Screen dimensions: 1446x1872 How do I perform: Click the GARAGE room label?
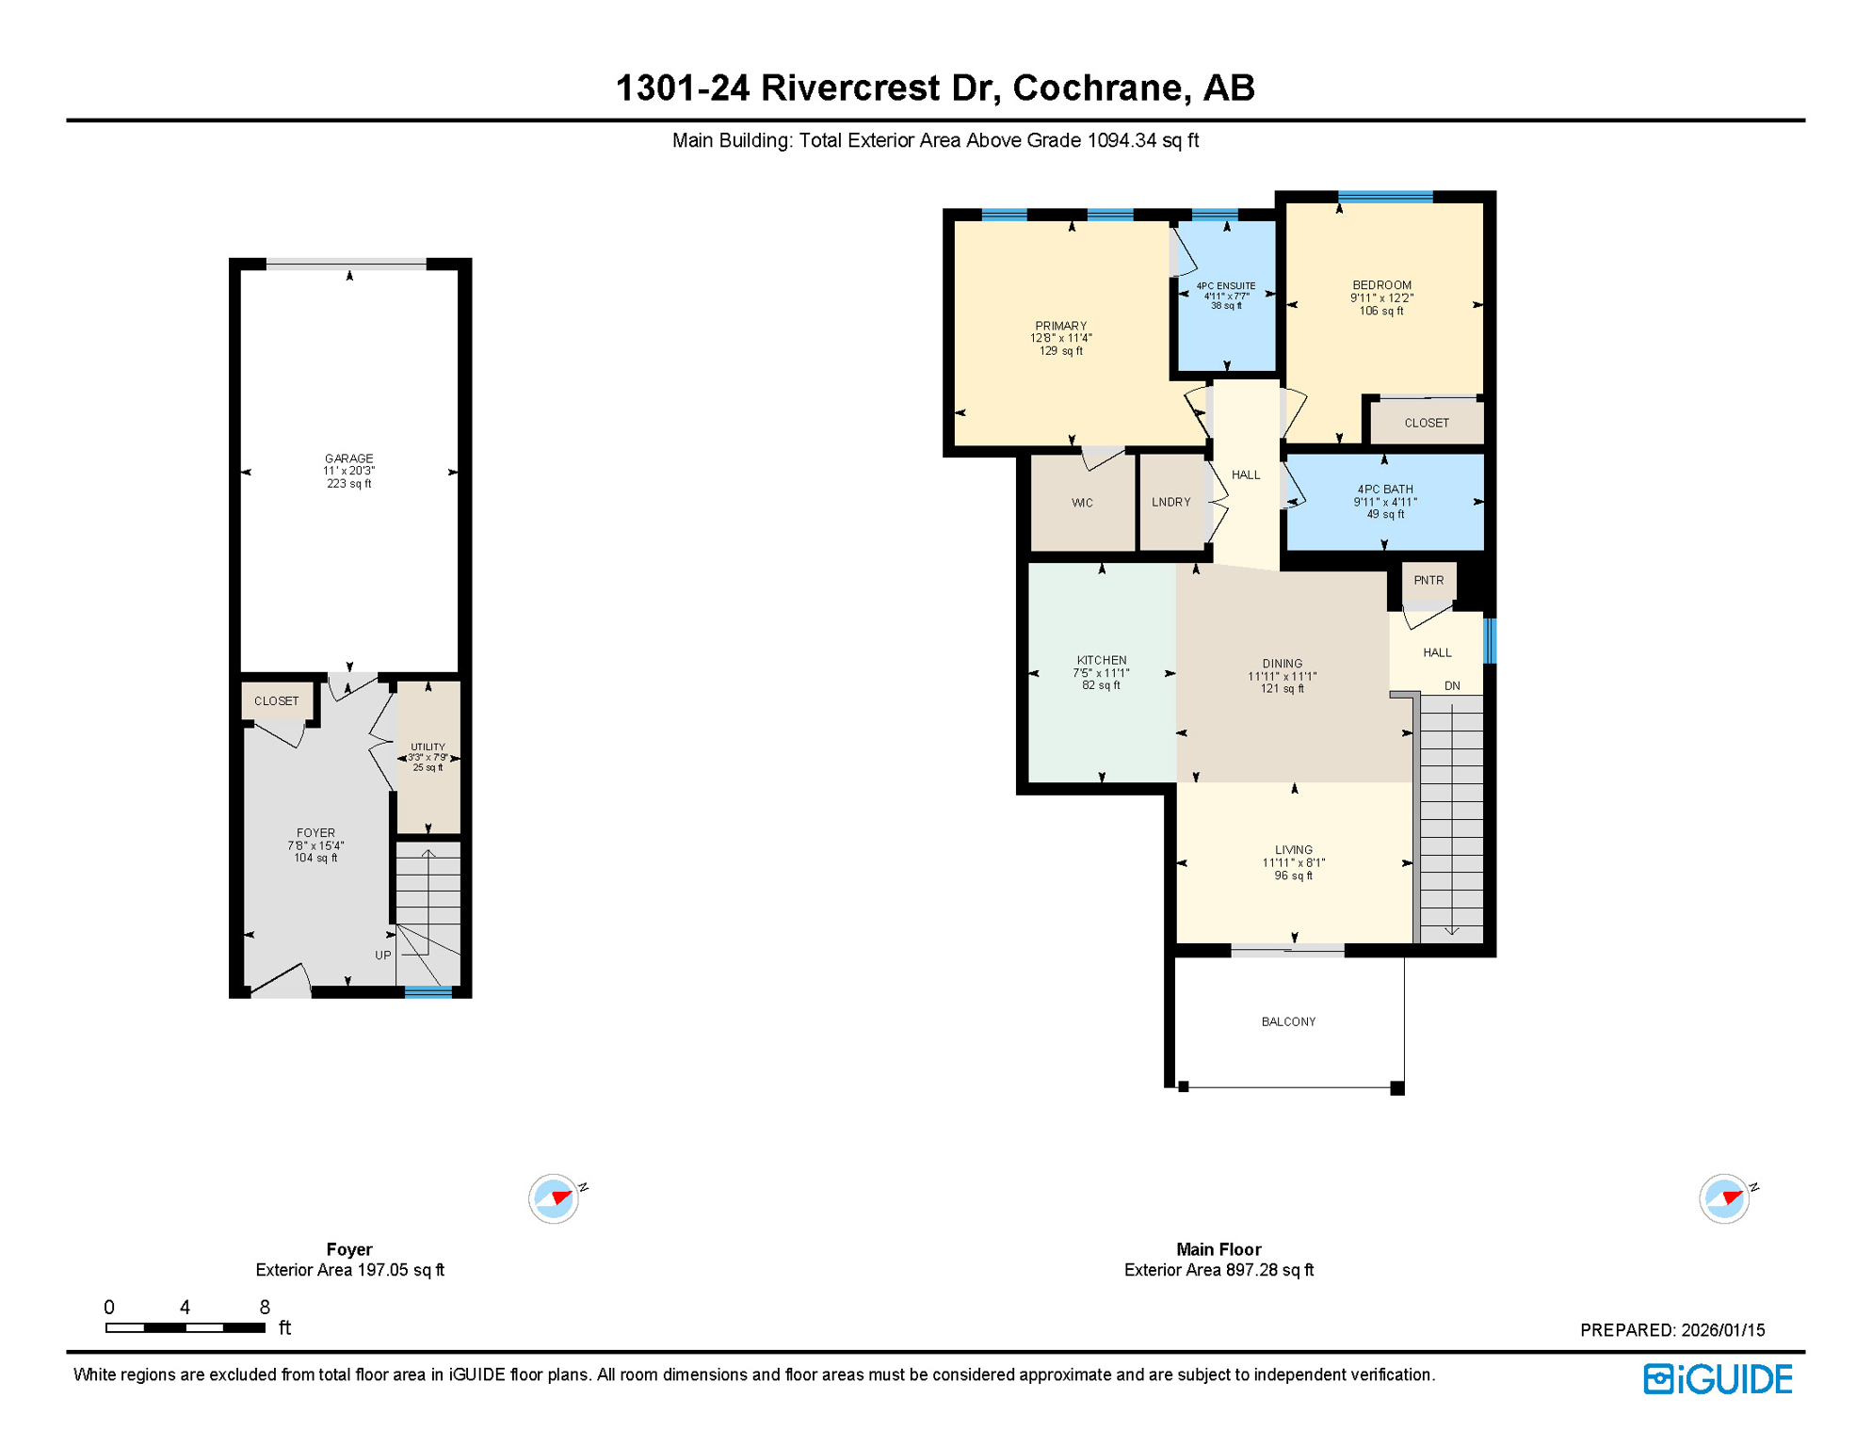pos(348,459)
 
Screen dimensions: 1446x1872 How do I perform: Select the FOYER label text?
pos(315,833)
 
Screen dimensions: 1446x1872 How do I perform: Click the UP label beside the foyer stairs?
pos(382,956)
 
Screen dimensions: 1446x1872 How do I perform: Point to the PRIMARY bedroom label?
pos(1060,326)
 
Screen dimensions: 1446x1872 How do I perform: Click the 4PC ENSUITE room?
pos(1226,296)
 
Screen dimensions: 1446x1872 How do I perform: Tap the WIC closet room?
pos(1082,504)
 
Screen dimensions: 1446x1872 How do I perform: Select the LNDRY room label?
pos(1170,503)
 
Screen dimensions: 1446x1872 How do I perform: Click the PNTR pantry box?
pos(1428,581)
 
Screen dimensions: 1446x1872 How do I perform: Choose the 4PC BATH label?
pos(1384,490)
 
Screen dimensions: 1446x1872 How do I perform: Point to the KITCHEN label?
pos(1101,661)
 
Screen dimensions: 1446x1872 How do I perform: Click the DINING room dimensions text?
pos(1282,677)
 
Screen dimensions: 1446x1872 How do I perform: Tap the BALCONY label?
pos(1288,1022)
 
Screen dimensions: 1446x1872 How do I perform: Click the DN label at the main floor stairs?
pos(1452,686)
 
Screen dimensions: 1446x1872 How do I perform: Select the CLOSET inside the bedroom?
pos(1426,424)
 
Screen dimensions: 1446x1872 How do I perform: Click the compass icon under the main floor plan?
pos(1724,1198)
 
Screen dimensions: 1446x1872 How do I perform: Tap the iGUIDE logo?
pos(1718,1380)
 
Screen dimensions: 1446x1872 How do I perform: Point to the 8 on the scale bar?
pos(265,1308)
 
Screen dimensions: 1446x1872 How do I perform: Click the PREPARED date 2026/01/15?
pos(1722,1330)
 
